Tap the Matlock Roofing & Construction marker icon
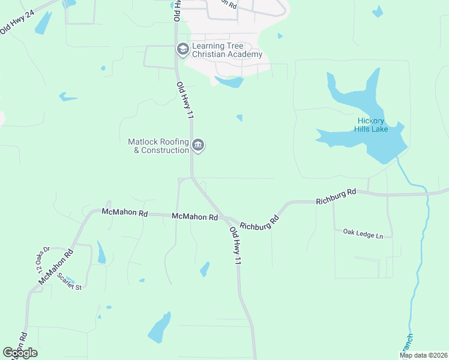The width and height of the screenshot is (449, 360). (198, 145)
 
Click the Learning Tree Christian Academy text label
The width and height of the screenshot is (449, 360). (228, 50)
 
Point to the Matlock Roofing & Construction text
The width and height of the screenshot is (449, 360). (158, 146)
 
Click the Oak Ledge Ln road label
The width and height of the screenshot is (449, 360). (363, 232)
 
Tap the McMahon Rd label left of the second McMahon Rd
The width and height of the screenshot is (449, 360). (124, 212)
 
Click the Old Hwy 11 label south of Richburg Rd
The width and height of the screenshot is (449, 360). (235, 246)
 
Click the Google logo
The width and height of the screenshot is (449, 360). (20, 353)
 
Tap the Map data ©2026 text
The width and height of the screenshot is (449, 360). (423, 355)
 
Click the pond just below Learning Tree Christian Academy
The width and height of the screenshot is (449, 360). (229, 82)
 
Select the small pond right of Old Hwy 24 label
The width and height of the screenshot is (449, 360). (43, 22)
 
